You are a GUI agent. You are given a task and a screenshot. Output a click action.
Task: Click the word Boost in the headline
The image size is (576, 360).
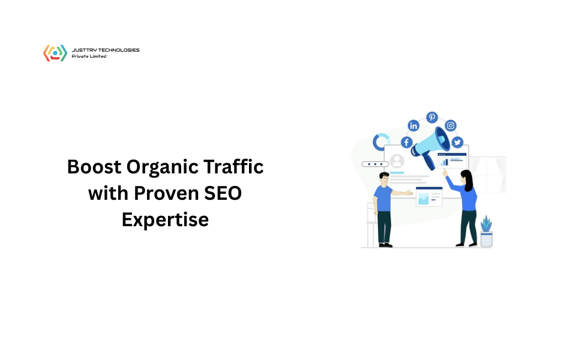(x=94, y=167)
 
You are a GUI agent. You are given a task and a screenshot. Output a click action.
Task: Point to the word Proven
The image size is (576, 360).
(x=166, y=193)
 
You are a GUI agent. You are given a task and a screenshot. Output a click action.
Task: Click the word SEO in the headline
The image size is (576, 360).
(x=223, y=193)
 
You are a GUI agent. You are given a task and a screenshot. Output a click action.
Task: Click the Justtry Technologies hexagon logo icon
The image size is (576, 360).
(x=55, y=53)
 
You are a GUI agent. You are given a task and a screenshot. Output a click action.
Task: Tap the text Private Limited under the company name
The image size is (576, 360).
(x=89, y=56)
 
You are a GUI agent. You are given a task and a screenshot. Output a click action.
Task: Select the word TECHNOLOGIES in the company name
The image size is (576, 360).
(x=119, y=50)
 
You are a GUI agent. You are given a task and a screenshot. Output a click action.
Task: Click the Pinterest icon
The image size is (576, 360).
(x=432, y=117)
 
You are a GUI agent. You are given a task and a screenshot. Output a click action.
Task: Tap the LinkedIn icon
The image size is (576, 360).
(x=413, y=125)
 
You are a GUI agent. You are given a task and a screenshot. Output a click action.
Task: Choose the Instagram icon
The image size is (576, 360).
(x=451, y=125)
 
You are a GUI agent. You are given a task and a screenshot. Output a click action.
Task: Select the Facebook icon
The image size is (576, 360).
(x=407, y=142)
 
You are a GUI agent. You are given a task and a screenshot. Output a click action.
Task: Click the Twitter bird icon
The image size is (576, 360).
(x=457, y=142)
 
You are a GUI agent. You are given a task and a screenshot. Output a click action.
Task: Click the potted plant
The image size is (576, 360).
(x=487, y=232)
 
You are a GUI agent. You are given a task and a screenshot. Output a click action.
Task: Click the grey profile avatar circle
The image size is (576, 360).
(x=397, y=161)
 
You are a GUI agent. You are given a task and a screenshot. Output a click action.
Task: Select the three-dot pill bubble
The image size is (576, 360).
(x=375, y=164)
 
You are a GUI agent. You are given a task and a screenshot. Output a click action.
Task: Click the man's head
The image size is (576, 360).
(x=384, y=179)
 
